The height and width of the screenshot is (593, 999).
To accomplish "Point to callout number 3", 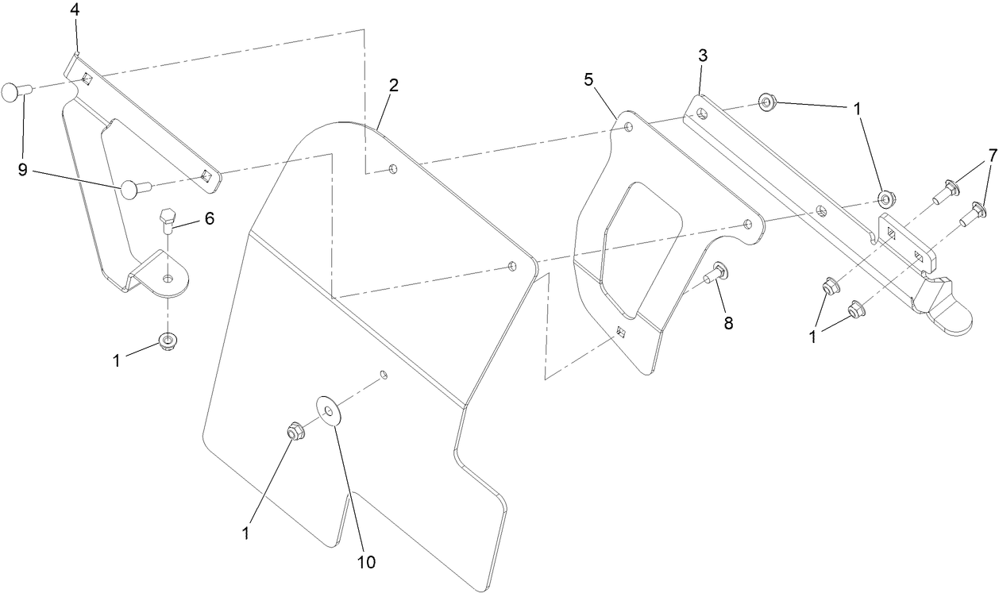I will (703, 55).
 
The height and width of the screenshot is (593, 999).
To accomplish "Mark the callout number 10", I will (365, 563).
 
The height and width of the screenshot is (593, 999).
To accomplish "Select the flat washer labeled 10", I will (328, 406).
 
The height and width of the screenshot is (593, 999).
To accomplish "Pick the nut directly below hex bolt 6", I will (167, 342).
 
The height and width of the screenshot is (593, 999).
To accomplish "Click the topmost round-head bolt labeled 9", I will (16, 92).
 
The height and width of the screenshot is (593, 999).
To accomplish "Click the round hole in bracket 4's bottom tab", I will (168, 279).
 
